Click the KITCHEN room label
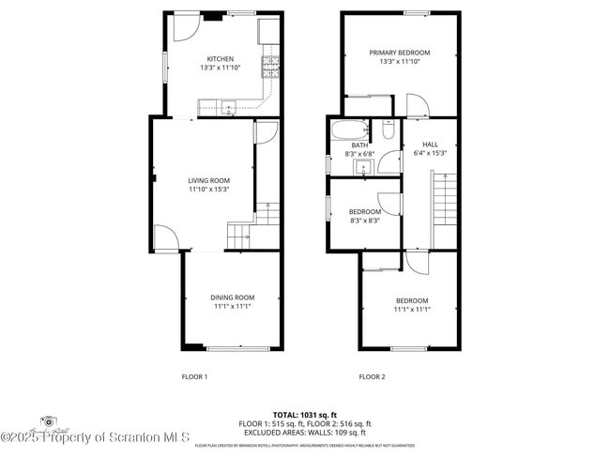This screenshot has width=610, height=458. (221, 58)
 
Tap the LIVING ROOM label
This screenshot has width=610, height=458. (208, 180)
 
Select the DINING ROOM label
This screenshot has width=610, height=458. (232, 297)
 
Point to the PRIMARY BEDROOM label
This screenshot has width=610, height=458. (399, 53)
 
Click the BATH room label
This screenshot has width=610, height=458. (359, 145)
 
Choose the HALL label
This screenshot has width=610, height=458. (430, 145)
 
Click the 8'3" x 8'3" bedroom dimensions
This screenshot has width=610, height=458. (364, 221)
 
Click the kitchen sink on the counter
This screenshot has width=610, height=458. (226, 104)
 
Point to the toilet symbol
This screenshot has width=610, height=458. (387, 131)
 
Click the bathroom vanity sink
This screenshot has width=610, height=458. (362, 167)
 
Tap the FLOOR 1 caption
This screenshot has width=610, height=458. (194, 376)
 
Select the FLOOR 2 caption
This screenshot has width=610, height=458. (372, 376)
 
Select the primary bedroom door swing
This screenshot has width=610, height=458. (415, 104)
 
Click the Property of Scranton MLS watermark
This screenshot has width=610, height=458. (95, 436)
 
